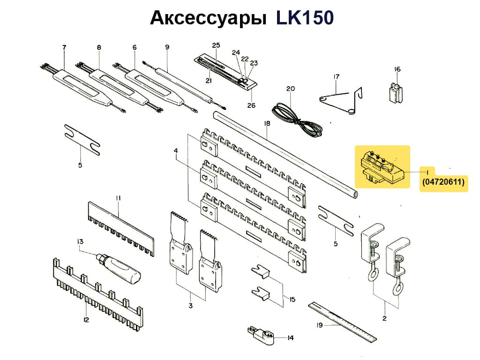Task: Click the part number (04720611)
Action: pos(443,182)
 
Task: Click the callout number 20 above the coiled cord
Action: pos(290,89)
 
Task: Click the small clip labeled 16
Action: pos(397,92)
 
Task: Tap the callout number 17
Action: pos(336,76)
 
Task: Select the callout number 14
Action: pos(290,337)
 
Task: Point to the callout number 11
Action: pos(119,198)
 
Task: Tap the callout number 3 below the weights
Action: pos(190,306)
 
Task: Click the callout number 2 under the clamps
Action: pos(384,319)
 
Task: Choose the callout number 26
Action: pos(252,105)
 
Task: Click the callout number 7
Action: pos(64,47)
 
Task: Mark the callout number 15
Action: pos(292,299)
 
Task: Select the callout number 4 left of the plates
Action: pos(176,151)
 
